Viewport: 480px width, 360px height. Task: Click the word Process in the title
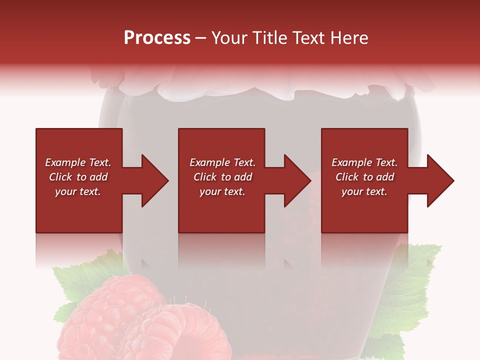pos(157,38)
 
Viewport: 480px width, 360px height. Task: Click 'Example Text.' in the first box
pos(78,162)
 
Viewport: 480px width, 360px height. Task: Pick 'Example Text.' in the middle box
pos(222,162)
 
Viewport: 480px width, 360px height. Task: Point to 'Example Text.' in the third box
pos(364,162)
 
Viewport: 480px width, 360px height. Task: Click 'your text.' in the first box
pos(78,191)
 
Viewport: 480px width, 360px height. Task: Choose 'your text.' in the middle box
pos(222,191)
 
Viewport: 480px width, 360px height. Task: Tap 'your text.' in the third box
pos(364,191)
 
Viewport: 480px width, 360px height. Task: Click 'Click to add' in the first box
pos(78,177)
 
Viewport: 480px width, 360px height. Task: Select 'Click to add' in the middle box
pos(222,177)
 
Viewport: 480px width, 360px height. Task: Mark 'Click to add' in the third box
pos(364,177)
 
